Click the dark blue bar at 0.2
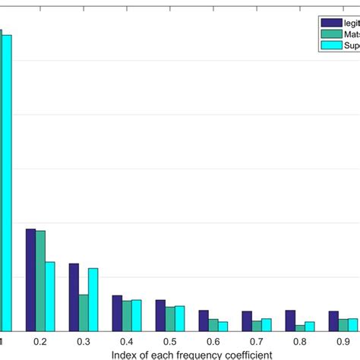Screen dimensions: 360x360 click(30, 279)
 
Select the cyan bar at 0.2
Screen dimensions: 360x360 click(49, 296)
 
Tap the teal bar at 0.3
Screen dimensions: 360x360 click(84, 312)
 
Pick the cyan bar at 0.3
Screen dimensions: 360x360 click(93, 299)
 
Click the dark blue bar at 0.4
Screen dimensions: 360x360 click(117, 313)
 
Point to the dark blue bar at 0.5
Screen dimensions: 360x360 click(160, 315)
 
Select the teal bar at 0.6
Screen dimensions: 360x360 click(213, 324)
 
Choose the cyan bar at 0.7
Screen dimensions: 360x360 click(267, 324)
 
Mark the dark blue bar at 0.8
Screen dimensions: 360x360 click(290, 321)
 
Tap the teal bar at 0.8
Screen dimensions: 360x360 click(300, 327)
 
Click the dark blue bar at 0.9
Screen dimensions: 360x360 click(333, 321)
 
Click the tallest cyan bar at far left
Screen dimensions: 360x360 click(7, 182)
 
